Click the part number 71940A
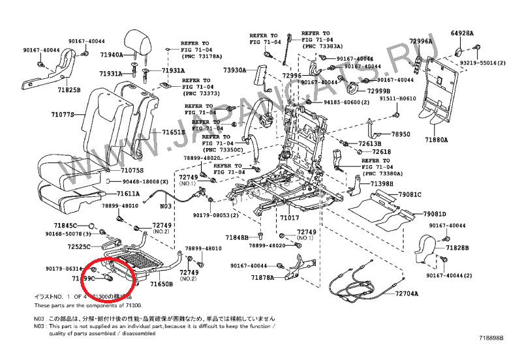point(111,55)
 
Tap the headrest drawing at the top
point(138,42)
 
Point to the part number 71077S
point(63,115)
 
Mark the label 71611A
point(128,194)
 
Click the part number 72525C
point(78,247)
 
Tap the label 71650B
point(161,284)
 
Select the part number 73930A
point(234,70)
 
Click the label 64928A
point(462,33)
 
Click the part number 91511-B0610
point(398,98)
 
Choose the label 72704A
point(408,294)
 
